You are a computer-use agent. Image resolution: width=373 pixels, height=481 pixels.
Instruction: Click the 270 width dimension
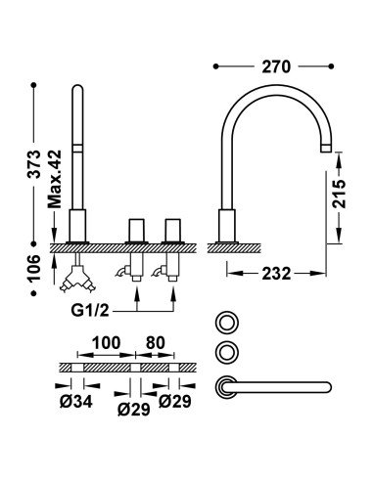click(x=276, y=67)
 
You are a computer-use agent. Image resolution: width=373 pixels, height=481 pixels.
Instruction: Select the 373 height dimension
click(x=34, y=164)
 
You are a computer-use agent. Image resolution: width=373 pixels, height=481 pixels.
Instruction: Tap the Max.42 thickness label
click(x=55, y=179)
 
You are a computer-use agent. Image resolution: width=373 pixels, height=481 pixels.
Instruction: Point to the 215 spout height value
click(x=339, y=194)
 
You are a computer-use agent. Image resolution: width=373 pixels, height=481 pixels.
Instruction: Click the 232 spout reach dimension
click(x=276, y=273)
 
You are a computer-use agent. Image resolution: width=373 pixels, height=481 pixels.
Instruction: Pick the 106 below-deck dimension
click(x=34, y=268)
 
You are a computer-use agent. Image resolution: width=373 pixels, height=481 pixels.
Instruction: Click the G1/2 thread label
click(x=90, y=310)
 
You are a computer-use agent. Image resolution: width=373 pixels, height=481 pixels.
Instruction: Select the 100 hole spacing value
click(x=106, y=343)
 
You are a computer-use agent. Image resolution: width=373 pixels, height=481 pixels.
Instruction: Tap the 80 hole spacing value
click(x=156, y=343)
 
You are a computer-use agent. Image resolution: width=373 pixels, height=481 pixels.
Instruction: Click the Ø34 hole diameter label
click(x=76, y=402)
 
